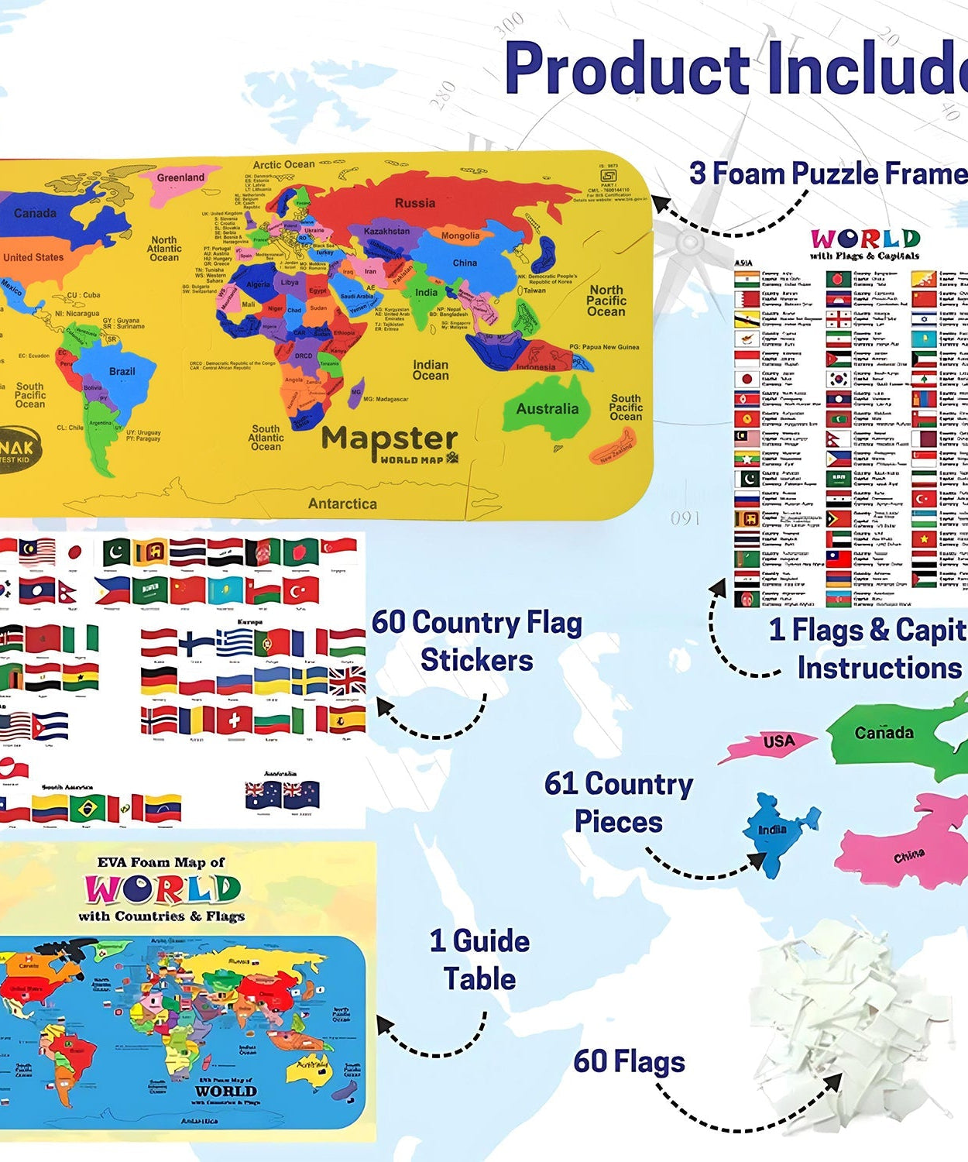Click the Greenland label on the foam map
180,177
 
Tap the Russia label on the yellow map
415,203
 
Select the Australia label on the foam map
548,408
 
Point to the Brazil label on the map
122,371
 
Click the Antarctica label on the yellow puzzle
342,504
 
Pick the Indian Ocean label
431,370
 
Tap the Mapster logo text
390,440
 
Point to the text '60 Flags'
629,1061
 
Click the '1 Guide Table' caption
479,960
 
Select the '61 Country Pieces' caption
618,802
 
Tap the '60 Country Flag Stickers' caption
476,641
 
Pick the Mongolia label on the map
460,235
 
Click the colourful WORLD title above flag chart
865,239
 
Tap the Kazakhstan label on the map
386,231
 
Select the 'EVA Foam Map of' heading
160,862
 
